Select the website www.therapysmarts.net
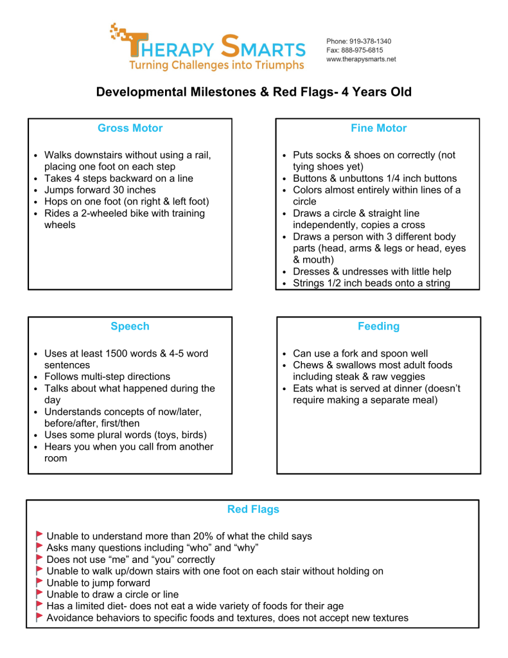click(361, 59)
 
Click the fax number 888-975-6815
click(363, 50)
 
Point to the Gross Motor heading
click(130, 129)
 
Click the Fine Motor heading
click(378, 129)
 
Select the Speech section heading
click(130, 326)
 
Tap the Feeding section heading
click(378, 326)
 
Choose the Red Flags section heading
click(253, 510)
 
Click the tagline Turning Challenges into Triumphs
click(216, 66)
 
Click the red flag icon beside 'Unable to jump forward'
click(40, 582)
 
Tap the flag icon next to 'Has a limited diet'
click(40, 605)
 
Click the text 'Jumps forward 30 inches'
click(100, 190)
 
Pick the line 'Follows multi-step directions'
click(107, 377)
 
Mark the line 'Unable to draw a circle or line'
click(113, 594)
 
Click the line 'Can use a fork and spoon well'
click(360, 353)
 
